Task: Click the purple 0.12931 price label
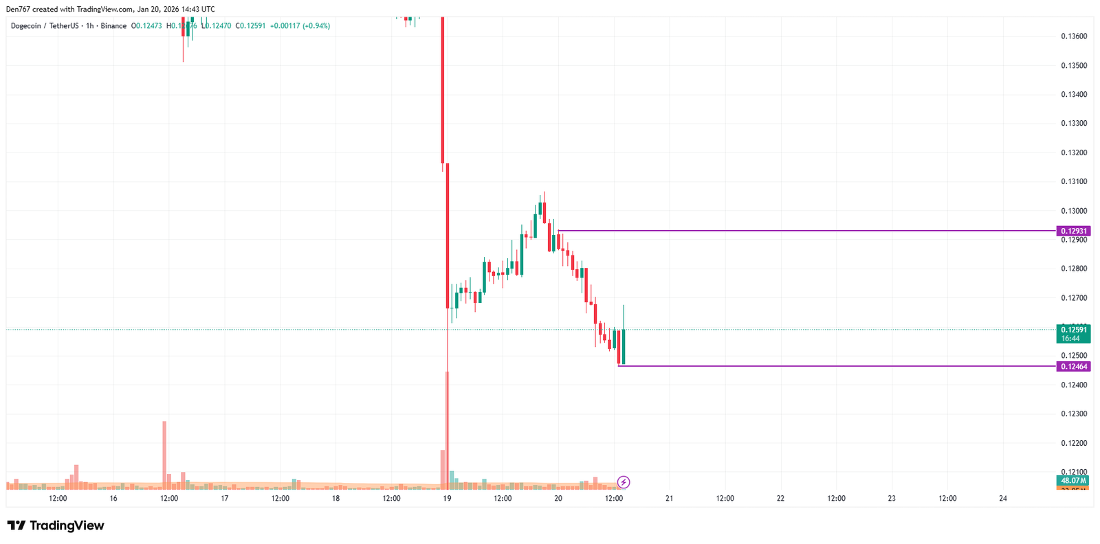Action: (x=1073, y=231)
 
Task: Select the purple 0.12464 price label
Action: (x=1073, y=366)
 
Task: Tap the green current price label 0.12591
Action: (x=1073, y=330)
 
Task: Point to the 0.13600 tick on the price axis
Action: (x=1074, y=36)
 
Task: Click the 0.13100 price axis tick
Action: (x=1074, y=182)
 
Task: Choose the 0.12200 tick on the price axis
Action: (x=1074, y=443)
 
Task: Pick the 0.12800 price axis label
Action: (x=1074, y=269)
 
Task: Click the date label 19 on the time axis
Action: (x=447, y=499)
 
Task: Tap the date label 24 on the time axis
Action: (x=1002, y=499)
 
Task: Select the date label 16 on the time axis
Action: (x=113, y=499)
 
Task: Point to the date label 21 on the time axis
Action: (x=669, y=499)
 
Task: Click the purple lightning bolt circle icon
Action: (x=624, y=482)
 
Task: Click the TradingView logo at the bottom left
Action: (x=56, y=525)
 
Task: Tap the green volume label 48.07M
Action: (x=1073, y=481)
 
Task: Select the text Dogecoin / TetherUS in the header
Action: (x=45, y=26)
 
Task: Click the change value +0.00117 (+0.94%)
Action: (x=300, y=26)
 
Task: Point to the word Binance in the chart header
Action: (x=113, y=26)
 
